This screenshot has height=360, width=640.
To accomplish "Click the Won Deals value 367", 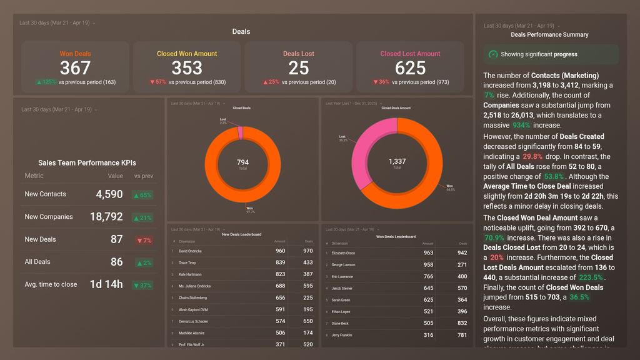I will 75,67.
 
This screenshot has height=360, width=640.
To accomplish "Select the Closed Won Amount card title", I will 187,54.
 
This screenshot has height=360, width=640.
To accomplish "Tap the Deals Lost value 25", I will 299,67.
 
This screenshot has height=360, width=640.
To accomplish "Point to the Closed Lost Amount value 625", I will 410,67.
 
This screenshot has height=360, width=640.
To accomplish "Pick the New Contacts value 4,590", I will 109,194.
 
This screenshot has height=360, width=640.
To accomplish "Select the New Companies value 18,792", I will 106,217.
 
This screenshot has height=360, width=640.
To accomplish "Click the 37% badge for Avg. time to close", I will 143,285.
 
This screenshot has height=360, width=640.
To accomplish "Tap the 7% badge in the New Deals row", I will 144,240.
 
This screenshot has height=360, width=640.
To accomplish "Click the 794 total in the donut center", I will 242,162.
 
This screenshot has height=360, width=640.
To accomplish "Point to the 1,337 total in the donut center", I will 397,161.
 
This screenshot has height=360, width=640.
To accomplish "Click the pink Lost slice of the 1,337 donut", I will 365,144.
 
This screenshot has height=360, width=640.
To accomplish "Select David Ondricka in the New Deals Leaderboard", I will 190,251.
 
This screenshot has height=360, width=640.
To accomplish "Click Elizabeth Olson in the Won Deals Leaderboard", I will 343,253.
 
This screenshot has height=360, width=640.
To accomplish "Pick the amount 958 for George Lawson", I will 427,265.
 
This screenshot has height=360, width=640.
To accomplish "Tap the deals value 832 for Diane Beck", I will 462,324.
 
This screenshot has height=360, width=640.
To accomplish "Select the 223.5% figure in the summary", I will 591,277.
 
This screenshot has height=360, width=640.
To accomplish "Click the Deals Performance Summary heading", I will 549,35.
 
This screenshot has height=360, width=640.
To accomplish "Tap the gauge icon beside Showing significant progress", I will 493,54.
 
